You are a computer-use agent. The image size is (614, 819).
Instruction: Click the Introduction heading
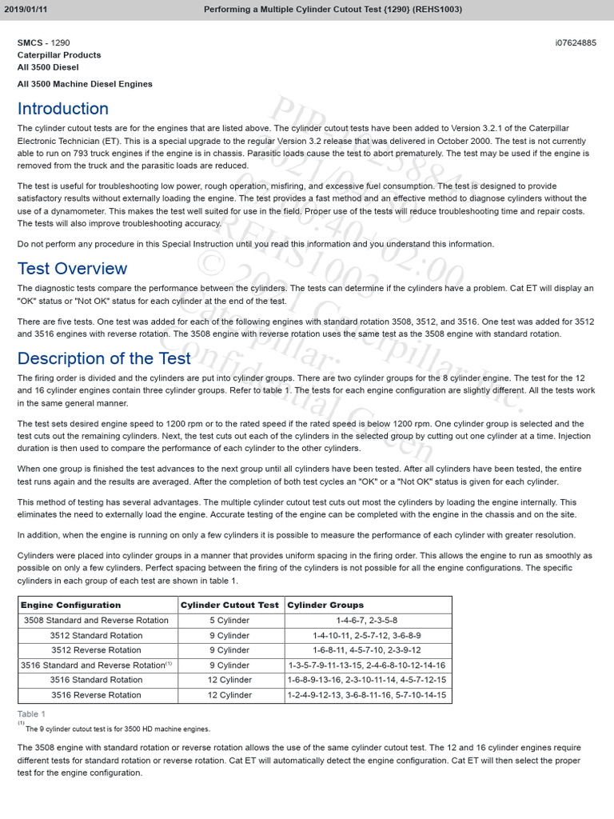coord(63,109)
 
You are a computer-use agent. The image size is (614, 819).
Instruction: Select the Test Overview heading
coord(72,268)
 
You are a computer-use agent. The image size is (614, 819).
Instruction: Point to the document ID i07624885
coord(576,42)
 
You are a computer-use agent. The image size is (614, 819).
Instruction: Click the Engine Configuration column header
coord(70,605)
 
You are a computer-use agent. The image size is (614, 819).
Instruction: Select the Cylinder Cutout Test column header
coord(229,605)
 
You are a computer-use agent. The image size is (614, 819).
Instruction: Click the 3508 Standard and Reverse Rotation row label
coord(96,620)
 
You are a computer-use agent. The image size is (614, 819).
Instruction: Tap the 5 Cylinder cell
coord(229,620)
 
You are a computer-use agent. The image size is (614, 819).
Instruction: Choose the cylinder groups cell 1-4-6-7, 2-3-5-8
coord(367,620)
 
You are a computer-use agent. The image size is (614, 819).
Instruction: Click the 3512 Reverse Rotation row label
coord(96,650)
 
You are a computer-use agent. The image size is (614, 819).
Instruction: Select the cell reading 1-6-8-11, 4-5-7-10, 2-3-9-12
coord(367,650)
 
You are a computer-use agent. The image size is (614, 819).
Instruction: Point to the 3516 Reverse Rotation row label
coord(96,695)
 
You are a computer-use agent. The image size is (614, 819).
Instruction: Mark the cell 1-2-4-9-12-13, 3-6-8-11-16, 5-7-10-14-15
coord(367,695)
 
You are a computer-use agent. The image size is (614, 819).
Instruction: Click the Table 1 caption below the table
coord(31,713)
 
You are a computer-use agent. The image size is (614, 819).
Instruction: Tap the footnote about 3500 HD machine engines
coord(118,729)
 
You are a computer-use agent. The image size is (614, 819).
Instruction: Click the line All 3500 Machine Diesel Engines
coord(85,84)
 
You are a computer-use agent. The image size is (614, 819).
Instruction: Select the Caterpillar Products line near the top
coord(59,55)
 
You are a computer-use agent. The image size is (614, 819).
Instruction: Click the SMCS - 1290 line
coord(49,42)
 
